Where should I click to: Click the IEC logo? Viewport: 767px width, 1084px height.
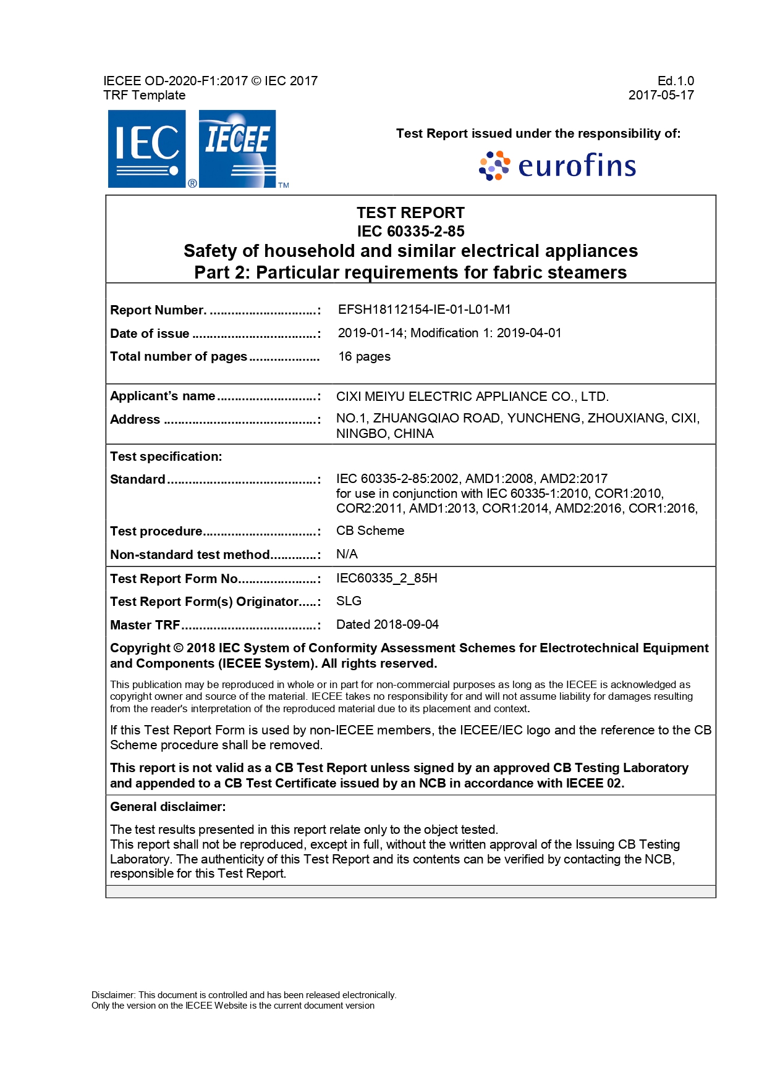[146, 149]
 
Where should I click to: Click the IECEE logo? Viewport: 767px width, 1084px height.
[237, 149]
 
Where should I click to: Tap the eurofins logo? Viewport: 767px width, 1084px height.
[557, 166]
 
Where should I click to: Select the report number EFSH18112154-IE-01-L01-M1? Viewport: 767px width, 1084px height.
[424, 309]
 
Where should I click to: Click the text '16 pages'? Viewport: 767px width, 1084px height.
[364, 356]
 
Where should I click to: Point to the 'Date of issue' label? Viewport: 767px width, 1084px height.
[150, 334]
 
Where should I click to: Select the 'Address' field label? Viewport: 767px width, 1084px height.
[135, 419]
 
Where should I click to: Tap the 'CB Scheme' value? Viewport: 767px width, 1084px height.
[370, 531]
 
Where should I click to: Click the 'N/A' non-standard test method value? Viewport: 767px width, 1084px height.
[347, 554]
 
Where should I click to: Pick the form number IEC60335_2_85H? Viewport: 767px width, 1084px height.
[386, 578]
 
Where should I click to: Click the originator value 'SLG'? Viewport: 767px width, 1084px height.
[349, 601]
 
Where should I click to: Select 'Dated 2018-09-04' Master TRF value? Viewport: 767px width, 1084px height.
[387, 624]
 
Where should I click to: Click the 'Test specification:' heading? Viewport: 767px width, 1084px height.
[166, 456]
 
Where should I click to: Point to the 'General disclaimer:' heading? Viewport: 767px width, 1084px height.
[167, 807]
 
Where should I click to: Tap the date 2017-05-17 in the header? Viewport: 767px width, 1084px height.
[661, 95]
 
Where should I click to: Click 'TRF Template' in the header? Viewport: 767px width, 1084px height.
[144, 95]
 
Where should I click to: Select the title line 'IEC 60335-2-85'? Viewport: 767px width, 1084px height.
[410, 231]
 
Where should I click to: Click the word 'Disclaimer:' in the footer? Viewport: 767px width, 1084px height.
[113, 995]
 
